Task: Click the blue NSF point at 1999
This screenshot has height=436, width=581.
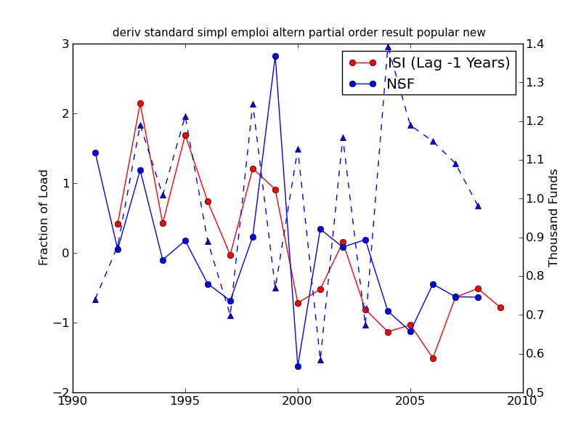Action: (275, 56)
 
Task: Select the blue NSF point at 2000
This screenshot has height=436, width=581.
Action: (298, 366)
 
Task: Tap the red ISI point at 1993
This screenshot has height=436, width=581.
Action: (140, 103)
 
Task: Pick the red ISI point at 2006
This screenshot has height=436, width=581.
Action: (433, 358)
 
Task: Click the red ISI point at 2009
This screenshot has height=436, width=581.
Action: (500, 307)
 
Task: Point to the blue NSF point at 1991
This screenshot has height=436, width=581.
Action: (95, 153)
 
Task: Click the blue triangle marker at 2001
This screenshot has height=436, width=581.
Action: (320, 360)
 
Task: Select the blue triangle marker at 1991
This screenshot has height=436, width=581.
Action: (95, 299)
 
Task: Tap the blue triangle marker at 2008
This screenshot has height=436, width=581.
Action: (478, 206)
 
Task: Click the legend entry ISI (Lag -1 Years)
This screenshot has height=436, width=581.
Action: (449, 63)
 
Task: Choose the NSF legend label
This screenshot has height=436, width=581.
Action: (400, 84)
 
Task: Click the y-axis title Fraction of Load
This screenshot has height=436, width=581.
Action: (44, 217)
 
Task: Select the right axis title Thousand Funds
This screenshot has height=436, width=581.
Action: (554, 217)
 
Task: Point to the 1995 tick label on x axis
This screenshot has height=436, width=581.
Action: (185, 401)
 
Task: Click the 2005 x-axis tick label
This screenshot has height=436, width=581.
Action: (410, 401)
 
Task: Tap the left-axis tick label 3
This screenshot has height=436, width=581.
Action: (65, 44)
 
